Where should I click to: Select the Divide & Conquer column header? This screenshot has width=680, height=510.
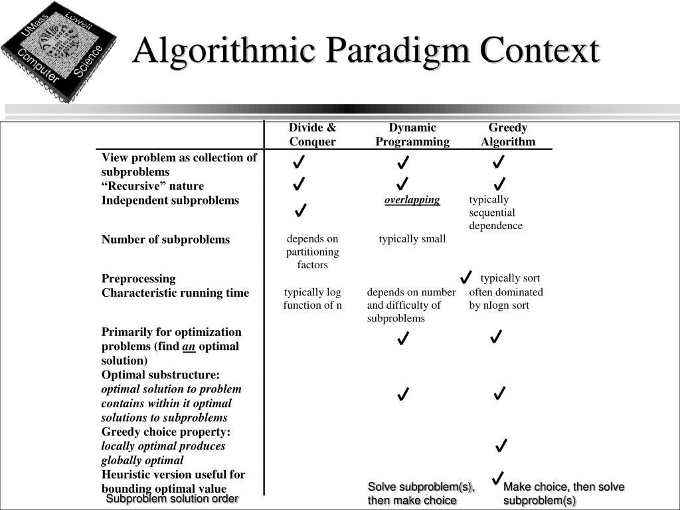[312, 135]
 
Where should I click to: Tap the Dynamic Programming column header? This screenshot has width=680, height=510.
[412, 135]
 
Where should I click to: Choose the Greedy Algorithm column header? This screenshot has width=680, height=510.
[508, 135]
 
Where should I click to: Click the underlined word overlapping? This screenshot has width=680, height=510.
[412, 200]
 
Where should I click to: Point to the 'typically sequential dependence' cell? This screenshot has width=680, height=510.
[496, 212]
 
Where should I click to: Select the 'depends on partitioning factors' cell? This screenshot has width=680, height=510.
[312, 252]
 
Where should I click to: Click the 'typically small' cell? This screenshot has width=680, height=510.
[412, 239]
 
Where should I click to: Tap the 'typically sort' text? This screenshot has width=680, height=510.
[510, 278]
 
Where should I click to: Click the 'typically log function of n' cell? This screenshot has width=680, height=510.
[312, 299]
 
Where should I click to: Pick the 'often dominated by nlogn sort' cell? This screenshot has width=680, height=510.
[506, 299]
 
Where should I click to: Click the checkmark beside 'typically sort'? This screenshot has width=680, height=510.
[466, 277]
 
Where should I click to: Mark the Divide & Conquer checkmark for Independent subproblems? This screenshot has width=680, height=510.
[300, 211]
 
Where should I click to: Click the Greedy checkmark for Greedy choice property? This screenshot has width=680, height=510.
[501, 445]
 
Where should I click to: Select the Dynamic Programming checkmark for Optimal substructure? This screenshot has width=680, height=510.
[402, 395]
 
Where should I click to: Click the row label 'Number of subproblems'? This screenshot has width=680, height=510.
[165, 240]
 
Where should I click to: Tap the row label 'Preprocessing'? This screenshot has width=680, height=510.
[138, 279]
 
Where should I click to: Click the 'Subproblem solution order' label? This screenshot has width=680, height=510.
[172, 499]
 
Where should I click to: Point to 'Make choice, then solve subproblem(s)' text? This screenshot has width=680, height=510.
[564, 493]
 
